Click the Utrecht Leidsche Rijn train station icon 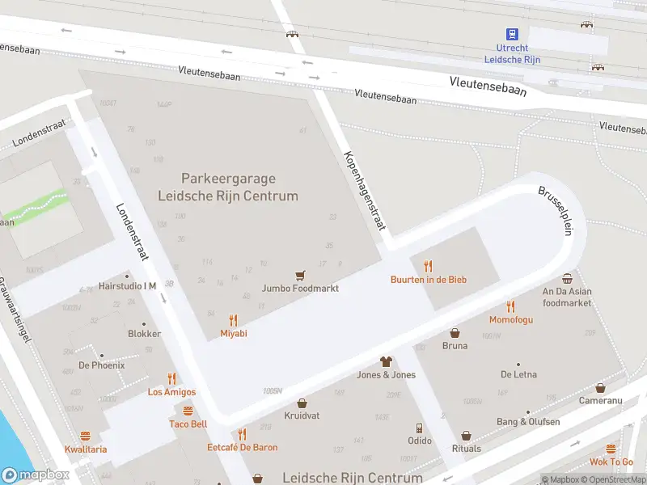coord(512,34)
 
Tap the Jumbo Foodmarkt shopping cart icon coord(300,276)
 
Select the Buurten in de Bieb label coord(428,280)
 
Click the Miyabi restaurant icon coord(234,319)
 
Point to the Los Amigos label coord(171,392)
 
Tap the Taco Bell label coord(188,424)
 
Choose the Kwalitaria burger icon coord(86,436)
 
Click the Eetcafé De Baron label coord(242,447)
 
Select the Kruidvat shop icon coord(302,403)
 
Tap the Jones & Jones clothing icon coord(386,361)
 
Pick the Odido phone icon coord(419,428)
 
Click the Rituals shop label coord(466,449)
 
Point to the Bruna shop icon coord(455,333)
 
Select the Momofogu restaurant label coord(510,319)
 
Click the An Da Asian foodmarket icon coord(567,278)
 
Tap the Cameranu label coord(600,401)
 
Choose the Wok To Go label coord(611,462)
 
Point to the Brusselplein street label coord(556,211)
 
